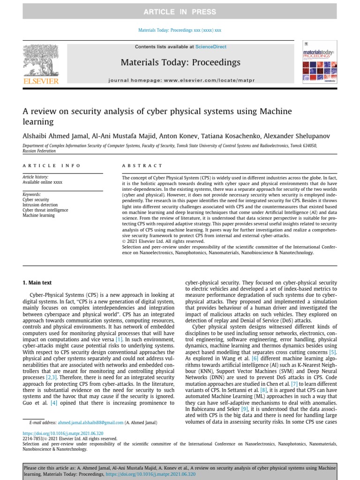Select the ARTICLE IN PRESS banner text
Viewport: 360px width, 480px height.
(180, 12)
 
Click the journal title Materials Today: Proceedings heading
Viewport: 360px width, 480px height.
(180, 62)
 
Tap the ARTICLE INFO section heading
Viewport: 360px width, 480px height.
(52, 165)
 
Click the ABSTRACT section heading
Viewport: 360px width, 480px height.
(142, 165)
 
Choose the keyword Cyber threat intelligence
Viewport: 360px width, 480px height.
(45, 210)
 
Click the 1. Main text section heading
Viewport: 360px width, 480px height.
(37, 283)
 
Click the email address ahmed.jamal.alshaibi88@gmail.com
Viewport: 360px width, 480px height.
(90, 422)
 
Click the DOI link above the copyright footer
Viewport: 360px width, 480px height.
(63, 434)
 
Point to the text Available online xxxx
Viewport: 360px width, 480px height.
(43, 182)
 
